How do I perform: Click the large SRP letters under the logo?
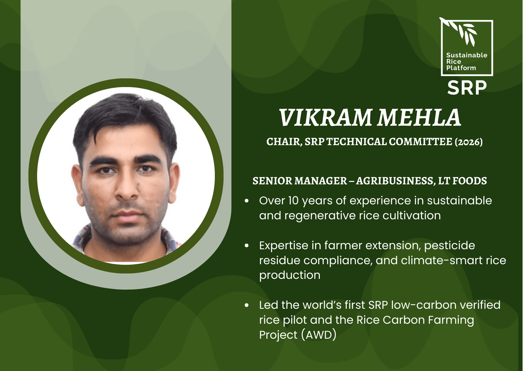tap(467, 88)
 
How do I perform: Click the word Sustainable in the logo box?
tap(467, 55)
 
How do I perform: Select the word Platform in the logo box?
tap(461, 68)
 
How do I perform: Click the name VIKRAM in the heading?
tap(326, 117)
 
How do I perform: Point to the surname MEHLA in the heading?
tap(419, 117)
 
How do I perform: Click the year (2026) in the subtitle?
tap(469, 142)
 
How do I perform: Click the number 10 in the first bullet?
tap(294, 201)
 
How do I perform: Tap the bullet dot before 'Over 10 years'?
tap(247, 201)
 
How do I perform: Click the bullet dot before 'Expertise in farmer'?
tap(247, 246)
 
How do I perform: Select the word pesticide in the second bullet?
tap(450, 246)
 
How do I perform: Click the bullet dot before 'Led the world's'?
tap(247, 305)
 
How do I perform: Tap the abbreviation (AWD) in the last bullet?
tap(319, 335)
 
